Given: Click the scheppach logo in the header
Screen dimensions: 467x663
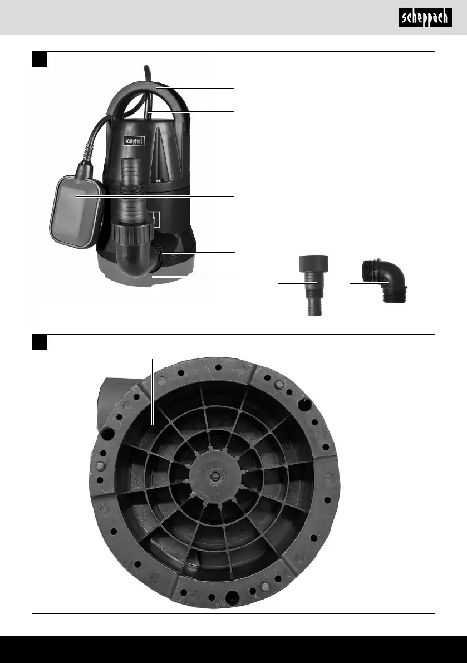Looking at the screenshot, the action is [x=425, y=17].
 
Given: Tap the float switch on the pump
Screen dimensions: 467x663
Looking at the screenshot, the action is [x=76, y=212].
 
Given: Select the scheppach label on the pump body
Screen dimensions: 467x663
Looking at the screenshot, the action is [x=134, y=141].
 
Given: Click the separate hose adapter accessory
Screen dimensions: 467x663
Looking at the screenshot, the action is [x=313, y=285].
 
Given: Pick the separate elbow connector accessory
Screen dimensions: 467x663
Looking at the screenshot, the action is [x=385, y=281].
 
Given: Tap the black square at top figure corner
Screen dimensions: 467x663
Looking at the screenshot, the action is [x=40, y=60].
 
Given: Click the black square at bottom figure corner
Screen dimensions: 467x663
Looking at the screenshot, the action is [x=40, y=342].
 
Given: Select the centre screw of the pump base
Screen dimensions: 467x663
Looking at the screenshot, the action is [x=214, y=478].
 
